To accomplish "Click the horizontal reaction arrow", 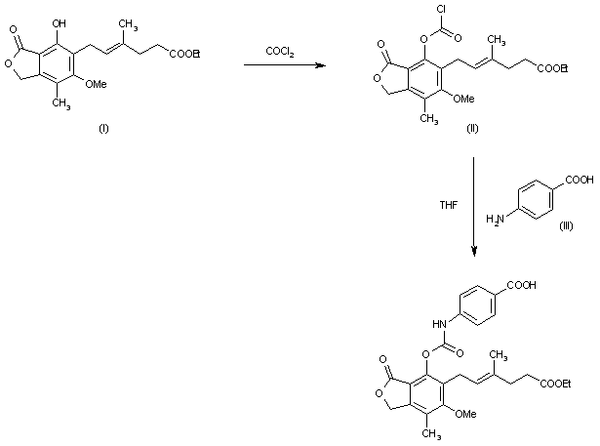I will (x=281, y=65).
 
